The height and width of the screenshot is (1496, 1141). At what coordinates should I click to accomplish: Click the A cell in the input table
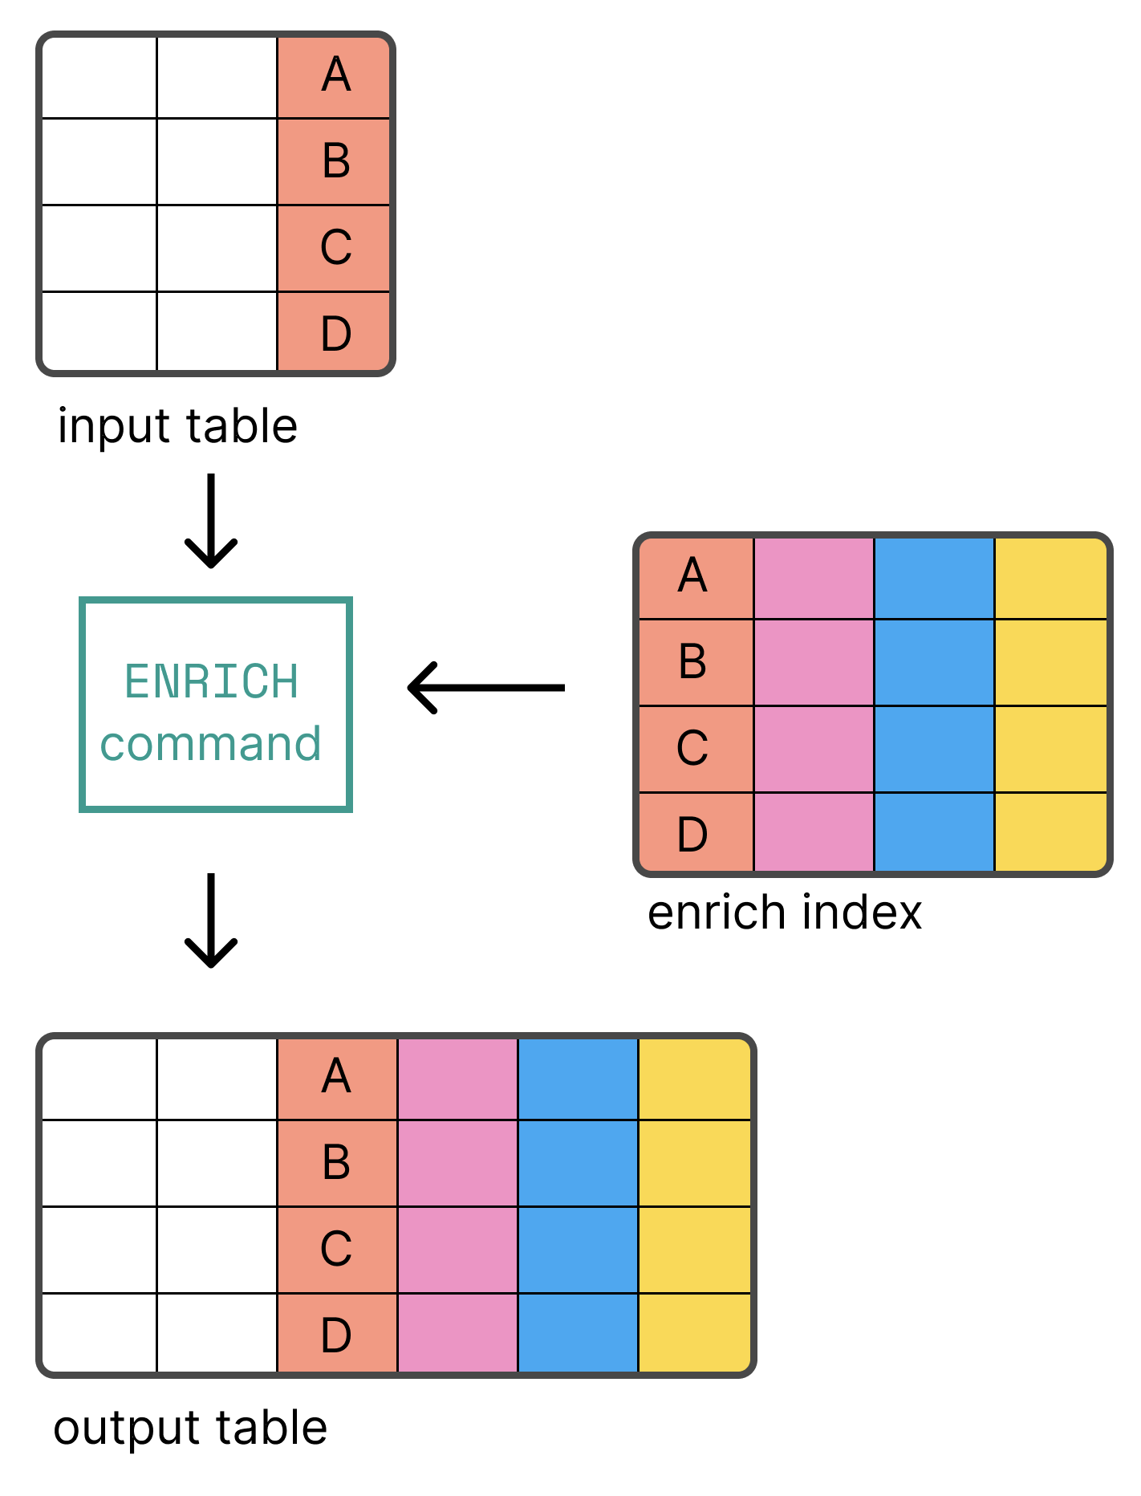coord(335,77)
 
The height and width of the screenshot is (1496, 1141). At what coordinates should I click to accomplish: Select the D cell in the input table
coord(335,332)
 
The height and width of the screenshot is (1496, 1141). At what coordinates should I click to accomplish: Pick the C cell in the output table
coord(336,1249)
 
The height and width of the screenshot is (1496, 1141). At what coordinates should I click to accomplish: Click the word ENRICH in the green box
coord(212,681)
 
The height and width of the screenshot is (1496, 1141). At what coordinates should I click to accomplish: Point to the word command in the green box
coord(211,744)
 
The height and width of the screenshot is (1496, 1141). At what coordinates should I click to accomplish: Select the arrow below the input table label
coord(211,521)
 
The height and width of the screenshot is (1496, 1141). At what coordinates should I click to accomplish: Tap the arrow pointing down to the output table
coord(211,921)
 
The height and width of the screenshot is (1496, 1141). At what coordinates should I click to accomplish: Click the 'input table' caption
coord(177,426)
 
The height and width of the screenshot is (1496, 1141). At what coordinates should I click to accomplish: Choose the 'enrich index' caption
coord(784,913)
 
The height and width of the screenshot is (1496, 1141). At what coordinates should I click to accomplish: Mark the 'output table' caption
coord(190,1428)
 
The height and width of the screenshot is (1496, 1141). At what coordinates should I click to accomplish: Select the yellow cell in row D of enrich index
coord(1050,831)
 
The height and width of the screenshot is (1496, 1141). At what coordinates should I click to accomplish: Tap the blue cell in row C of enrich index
coord(934,749)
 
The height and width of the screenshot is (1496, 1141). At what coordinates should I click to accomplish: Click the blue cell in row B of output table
coord(578,1163)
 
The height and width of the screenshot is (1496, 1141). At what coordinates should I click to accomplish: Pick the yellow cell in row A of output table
coord(694,1078)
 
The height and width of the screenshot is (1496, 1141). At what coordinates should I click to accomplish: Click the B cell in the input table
coord(335,161)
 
